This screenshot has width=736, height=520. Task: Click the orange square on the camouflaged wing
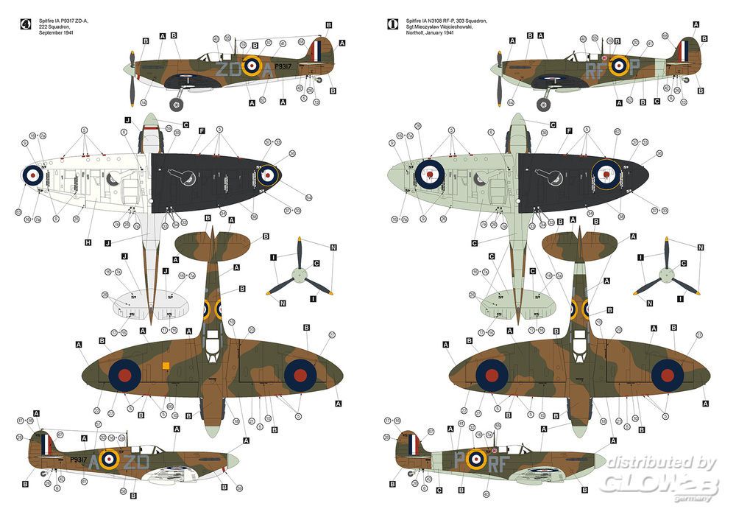coord(166,365)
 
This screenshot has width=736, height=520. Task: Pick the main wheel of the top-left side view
coord(177,105)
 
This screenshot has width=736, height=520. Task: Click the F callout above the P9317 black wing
coord(201,130)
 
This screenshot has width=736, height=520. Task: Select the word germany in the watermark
coord(695,498)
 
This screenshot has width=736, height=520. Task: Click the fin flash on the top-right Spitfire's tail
coord(685,51)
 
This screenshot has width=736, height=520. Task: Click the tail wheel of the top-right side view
coord(687,79)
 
